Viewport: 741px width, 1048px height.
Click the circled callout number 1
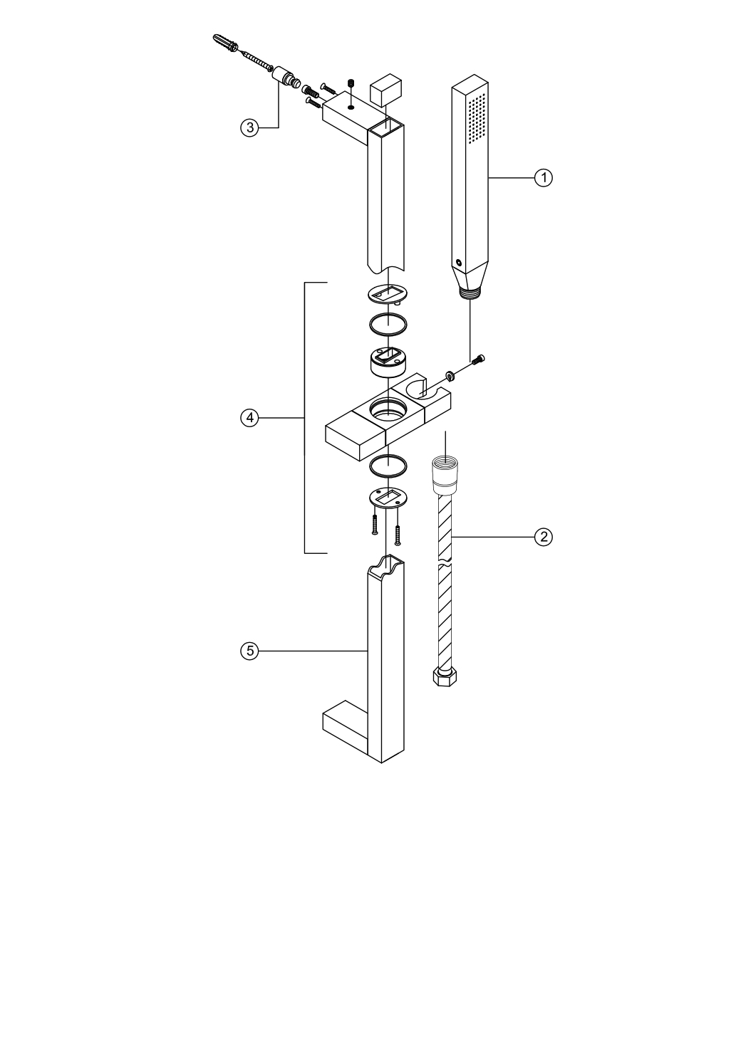(x=544, y=178)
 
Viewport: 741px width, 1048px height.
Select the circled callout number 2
(x=544, y=537)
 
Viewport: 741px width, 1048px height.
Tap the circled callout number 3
(x=249, y=127)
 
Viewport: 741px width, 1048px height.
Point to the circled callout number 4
(x=249, y=417)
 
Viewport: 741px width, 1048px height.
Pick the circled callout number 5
(x=249, y=651)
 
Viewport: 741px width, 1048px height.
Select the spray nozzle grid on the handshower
(x=477, y=117)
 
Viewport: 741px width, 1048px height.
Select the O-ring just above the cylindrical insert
(x=388, y=324)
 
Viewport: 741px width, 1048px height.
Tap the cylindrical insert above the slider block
(x=388, y=362)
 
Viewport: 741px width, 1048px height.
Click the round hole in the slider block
(x=388, y=407)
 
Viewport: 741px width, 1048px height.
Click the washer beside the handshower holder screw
(x=450, y=374)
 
